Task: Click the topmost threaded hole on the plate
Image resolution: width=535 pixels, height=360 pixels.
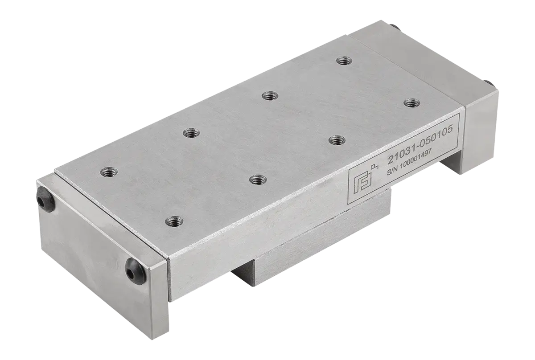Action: [344, 61]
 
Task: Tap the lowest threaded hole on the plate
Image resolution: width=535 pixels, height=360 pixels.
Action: [174, 221]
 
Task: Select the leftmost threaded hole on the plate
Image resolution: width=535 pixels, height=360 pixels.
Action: [109, 172]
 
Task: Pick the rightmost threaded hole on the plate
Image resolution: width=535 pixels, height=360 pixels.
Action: [412, 103]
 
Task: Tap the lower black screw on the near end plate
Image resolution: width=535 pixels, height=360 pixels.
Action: [135, 271]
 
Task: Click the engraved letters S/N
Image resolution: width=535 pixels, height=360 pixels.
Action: [392, 172]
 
